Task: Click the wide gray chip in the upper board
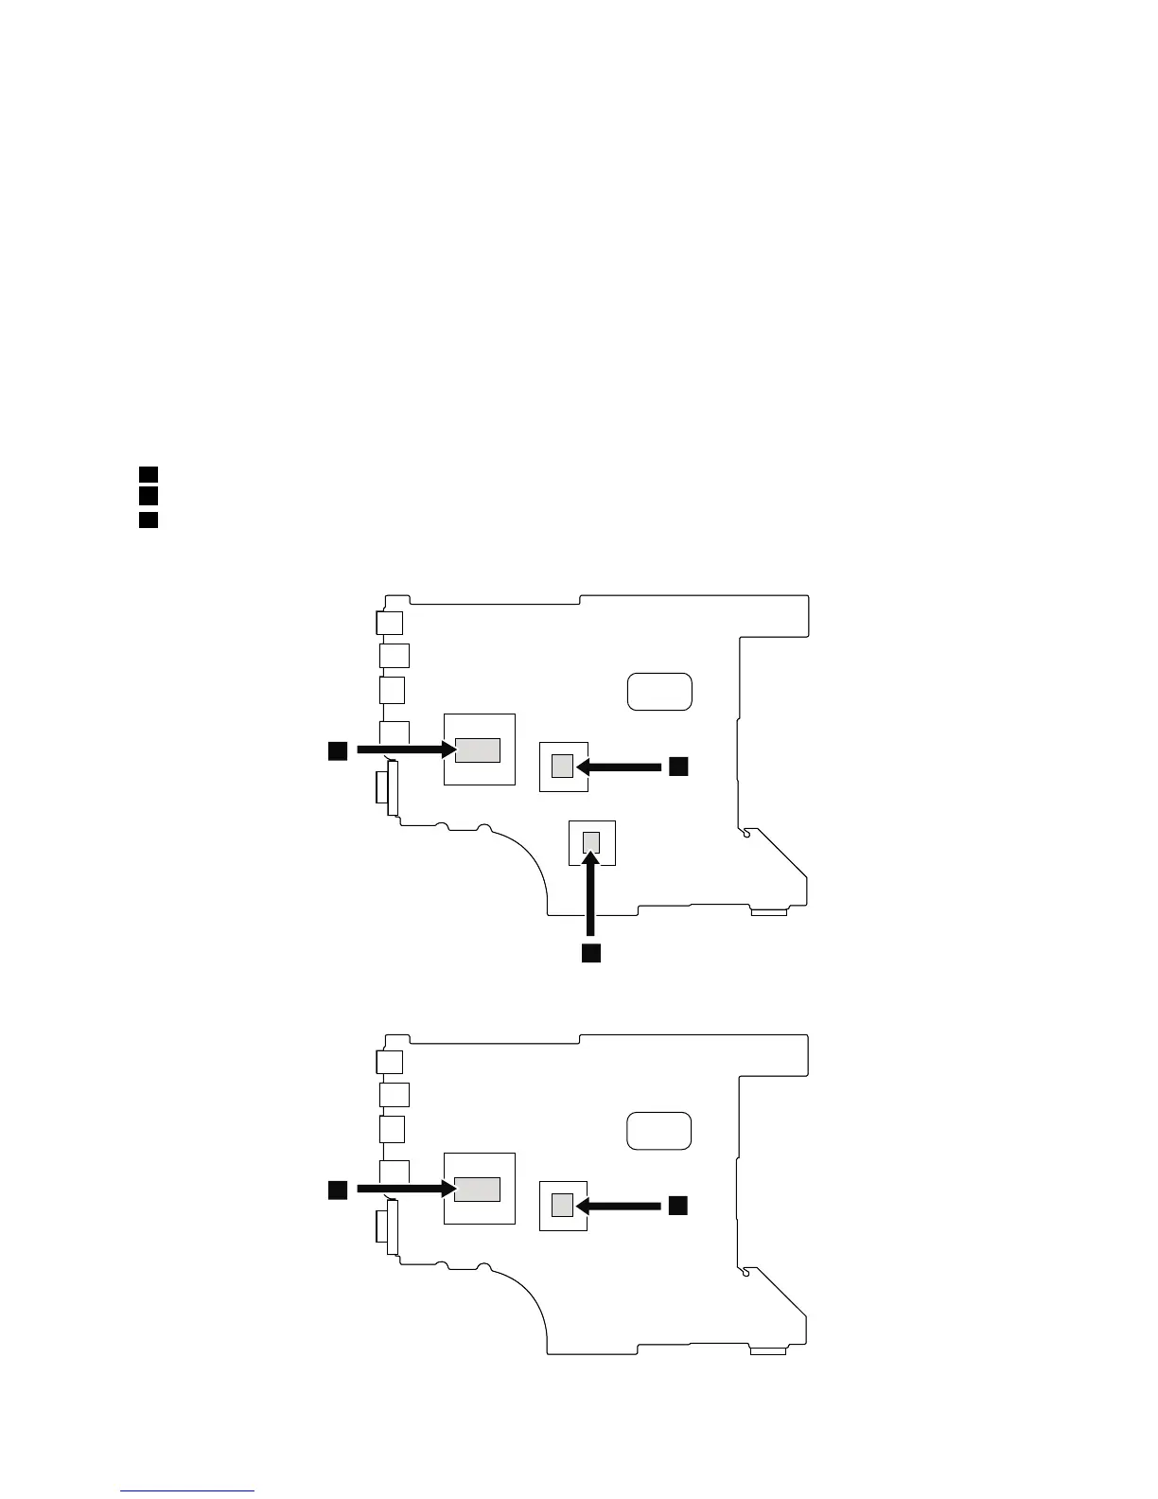(x=478, y=749)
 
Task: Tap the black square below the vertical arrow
(x=591, y=952)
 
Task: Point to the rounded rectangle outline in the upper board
(x=659, y=691)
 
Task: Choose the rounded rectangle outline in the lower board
(x=659, y=1130)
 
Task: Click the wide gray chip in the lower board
(x=478, y=1190)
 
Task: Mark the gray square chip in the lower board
(x=563, y=1205)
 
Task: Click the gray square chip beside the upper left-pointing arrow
(x=563, y=766)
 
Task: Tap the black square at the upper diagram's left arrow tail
(x=338, y=750)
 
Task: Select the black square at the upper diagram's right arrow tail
(x=678, y=766)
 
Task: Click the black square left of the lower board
(x=338, y=1190)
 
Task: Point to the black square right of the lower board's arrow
(x=678, y=1205)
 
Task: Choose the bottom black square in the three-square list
(x=148, y=519)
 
